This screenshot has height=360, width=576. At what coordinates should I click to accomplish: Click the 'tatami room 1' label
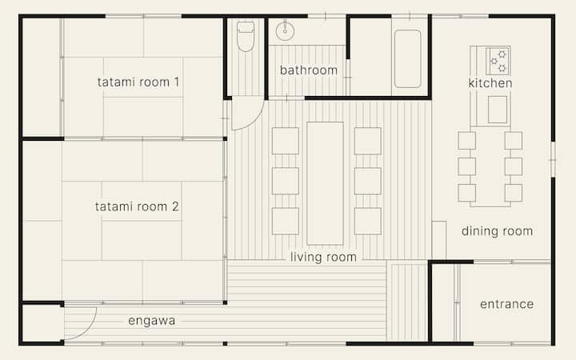[x=138, y=82]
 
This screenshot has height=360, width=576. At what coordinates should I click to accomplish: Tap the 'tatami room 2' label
[x=137, y=206]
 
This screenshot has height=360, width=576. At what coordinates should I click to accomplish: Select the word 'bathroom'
[x=309, y=70]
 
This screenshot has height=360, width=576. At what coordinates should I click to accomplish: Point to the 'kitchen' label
[x=490, y=83]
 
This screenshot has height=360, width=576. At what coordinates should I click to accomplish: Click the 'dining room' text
[x=497, y=231]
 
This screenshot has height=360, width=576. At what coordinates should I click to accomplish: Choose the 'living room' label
[x=323, y=257]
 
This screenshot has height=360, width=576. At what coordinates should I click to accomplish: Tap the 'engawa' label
[x=152, y=321]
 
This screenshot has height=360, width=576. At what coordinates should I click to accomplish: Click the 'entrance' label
[x=507, y=304]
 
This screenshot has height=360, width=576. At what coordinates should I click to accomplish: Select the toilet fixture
[x=246, y=36]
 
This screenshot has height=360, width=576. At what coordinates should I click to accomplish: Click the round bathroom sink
[x=285, y=31]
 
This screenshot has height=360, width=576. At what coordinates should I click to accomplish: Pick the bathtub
[x=408, y=58]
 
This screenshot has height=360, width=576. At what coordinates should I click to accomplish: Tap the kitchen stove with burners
[x=498, y=61]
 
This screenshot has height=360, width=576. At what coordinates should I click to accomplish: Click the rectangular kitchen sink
[x=498, y=110]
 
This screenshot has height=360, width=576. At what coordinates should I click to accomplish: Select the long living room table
[x=325, y=183]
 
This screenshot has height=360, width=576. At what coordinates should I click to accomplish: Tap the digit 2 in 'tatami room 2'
[x=175, y=206]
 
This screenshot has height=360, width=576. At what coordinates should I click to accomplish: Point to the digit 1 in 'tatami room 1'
[x=177, y=82]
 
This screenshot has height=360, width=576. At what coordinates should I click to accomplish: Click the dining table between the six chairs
[x=490, y=167]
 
